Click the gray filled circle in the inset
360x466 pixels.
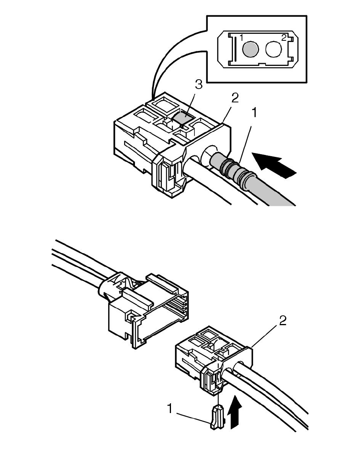coord(250,49)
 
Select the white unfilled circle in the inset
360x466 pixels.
coord(273,49)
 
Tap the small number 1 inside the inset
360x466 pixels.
coord(242,38)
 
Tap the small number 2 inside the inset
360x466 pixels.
coord(284,38)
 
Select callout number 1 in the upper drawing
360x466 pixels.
coord(254,113)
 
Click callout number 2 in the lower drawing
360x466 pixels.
coord(282,321)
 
